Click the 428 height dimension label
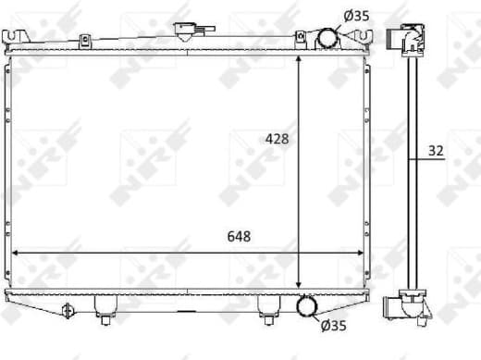click(x=277, y=139)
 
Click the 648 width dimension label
click(x=237, y=237)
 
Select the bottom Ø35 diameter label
click(x=333, y=325)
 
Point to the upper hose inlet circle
click(x=327, y=39)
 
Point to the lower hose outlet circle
click(x=306, y=308)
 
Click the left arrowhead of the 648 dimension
click(x=17, y=252)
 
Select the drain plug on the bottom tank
click(x=66, y=310)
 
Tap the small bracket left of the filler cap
click(x=84, y=41)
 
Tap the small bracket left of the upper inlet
click(x=301, y=38)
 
